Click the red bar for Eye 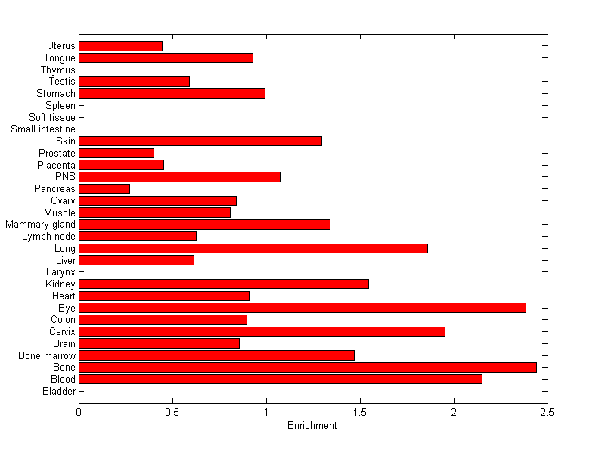[x=302, y=308]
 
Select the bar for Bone [x=308, y=368]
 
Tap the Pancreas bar [x=104, y=188]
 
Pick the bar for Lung [x=253, y=248]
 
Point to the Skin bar [x=200, y=141]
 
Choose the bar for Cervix [x=262, y=331]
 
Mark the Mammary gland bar [x=204, y=225]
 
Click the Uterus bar [x=120, y=46]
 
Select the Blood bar [x=281, y=379]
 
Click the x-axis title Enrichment [x=312, y=426]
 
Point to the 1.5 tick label [x=360, y=413]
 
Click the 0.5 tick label [x=172, y=413]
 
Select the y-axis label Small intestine [x=43, y=129]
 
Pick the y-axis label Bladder [x=59, y=391]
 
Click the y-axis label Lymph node [x=49, y=237]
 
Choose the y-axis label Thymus [x=58, y=70]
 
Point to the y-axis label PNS [x=65, y=177]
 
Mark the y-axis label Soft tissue [x=52, y=117]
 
